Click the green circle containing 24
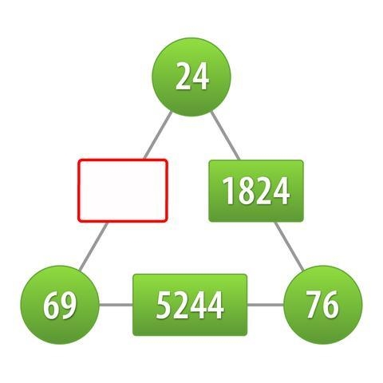pyautogui.click(x=191, y=77)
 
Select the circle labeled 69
pyautogui.click(x=60, y=305)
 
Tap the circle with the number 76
pyautogui.click(x=323, y=305)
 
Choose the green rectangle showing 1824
pyautogui.click(x=256, y=191)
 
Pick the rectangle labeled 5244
pyautogui.click(x=190, y=305)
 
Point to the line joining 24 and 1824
pyautogui.click(x=225, y=136)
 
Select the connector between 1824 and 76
pyautogui.click(x=290, y=247)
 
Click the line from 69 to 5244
pyautogui.click(x=116, y=305)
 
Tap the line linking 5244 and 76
pyautogui.click(x=266, y=305)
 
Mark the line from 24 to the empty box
pyautogui.click(x=158, y=136)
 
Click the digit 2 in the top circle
pyautogui.click(x=184, y=76)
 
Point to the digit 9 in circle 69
pyautogui.click(x=68, y=305)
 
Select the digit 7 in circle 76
pyautogui.click(x=314, y=304)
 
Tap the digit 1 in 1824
pyautogui.click(x=229, y=191)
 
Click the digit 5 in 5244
pyautogui.click(x=164, y=305)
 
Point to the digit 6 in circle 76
pyautogui.click(x=331, y=305)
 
